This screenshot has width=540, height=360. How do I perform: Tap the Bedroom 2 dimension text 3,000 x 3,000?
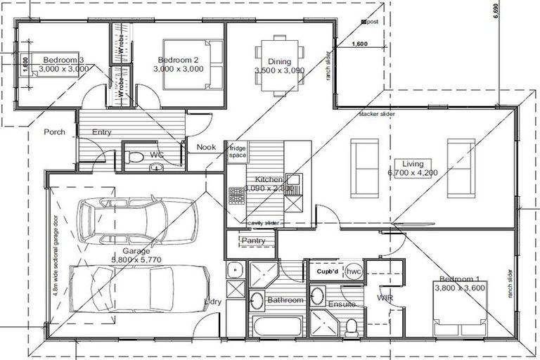click(x=179, y=69)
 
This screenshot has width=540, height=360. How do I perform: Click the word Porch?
click(x=54, y=131)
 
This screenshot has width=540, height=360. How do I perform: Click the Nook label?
click(x=206, y=147)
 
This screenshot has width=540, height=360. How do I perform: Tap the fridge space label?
click(x=236, y=152)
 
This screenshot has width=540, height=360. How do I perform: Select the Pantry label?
click(x=252, y=241)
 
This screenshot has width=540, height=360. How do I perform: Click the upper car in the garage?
click(x=136, y=219)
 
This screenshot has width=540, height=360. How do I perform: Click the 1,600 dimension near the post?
click(x=358, y=44)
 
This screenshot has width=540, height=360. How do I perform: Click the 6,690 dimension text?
click(x=496, y=12)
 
